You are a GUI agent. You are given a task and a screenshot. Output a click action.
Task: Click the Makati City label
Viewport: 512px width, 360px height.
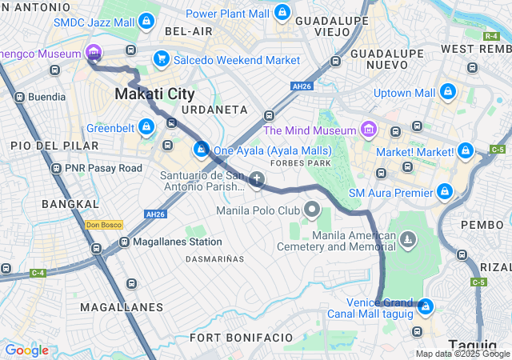coord(154,94)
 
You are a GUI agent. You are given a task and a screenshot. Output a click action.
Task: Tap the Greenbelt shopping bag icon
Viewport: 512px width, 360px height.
coord(146,127)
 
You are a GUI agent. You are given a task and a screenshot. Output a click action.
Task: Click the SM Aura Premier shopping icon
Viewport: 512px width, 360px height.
coord(445,192)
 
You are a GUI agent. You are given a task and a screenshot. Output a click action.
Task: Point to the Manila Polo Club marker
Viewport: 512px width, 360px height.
coord(313,211)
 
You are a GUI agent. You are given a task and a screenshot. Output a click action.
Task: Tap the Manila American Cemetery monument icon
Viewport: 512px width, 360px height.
coord(409,240)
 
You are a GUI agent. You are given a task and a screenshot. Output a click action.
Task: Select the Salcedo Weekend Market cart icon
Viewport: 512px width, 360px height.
coord(162,59)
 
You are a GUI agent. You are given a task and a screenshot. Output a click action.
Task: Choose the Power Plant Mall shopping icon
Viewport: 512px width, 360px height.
coord(282,13)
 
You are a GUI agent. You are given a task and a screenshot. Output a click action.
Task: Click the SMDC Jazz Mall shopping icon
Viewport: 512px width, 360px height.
coord(146,22)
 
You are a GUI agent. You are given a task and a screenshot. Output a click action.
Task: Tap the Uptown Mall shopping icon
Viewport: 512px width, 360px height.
coord(447,92)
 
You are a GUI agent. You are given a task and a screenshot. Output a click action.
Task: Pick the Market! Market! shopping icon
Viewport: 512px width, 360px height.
coord(466,150)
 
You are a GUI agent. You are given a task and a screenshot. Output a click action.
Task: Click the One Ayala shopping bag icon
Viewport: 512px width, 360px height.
coord(201,150)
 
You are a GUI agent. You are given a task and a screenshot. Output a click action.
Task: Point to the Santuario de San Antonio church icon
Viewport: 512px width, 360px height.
coord(257,180)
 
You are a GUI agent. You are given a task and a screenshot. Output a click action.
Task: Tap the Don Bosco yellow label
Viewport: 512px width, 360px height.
coord(103,225)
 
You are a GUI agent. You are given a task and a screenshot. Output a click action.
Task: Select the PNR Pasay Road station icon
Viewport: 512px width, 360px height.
coord(56,168)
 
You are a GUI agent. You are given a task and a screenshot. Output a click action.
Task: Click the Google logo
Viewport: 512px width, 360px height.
coord(26,350)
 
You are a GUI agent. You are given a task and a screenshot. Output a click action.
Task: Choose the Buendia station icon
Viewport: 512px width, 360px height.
coord(18,97)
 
